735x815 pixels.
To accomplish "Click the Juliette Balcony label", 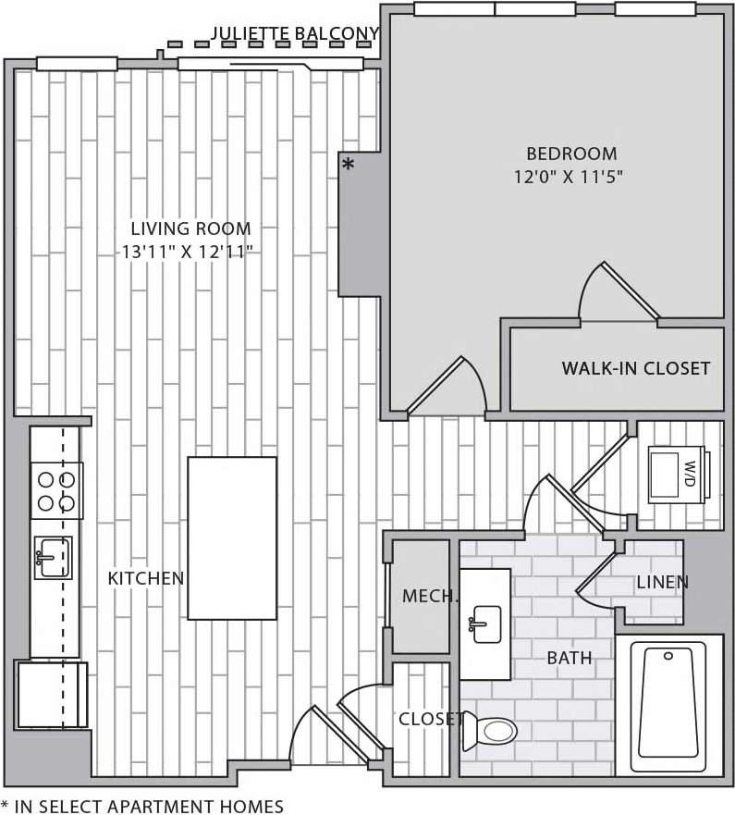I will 295,34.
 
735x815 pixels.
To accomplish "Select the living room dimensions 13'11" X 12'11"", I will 189,251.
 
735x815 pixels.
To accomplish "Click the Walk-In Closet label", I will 636,368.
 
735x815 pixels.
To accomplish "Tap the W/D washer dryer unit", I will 678,475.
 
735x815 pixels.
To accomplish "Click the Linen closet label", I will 662,582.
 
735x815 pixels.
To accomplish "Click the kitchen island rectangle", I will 232,537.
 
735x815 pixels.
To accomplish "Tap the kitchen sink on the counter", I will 53,557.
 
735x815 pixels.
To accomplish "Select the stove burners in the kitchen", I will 55,491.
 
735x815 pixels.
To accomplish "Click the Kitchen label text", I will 146,578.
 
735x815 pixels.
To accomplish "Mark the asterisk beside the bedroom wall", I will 348,166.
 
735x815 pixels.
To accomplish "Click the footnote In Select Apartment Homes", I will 142,806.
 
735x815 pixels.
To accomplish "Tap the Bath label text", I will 569,659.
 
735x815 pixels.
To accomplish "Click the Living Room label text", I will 190,228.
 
